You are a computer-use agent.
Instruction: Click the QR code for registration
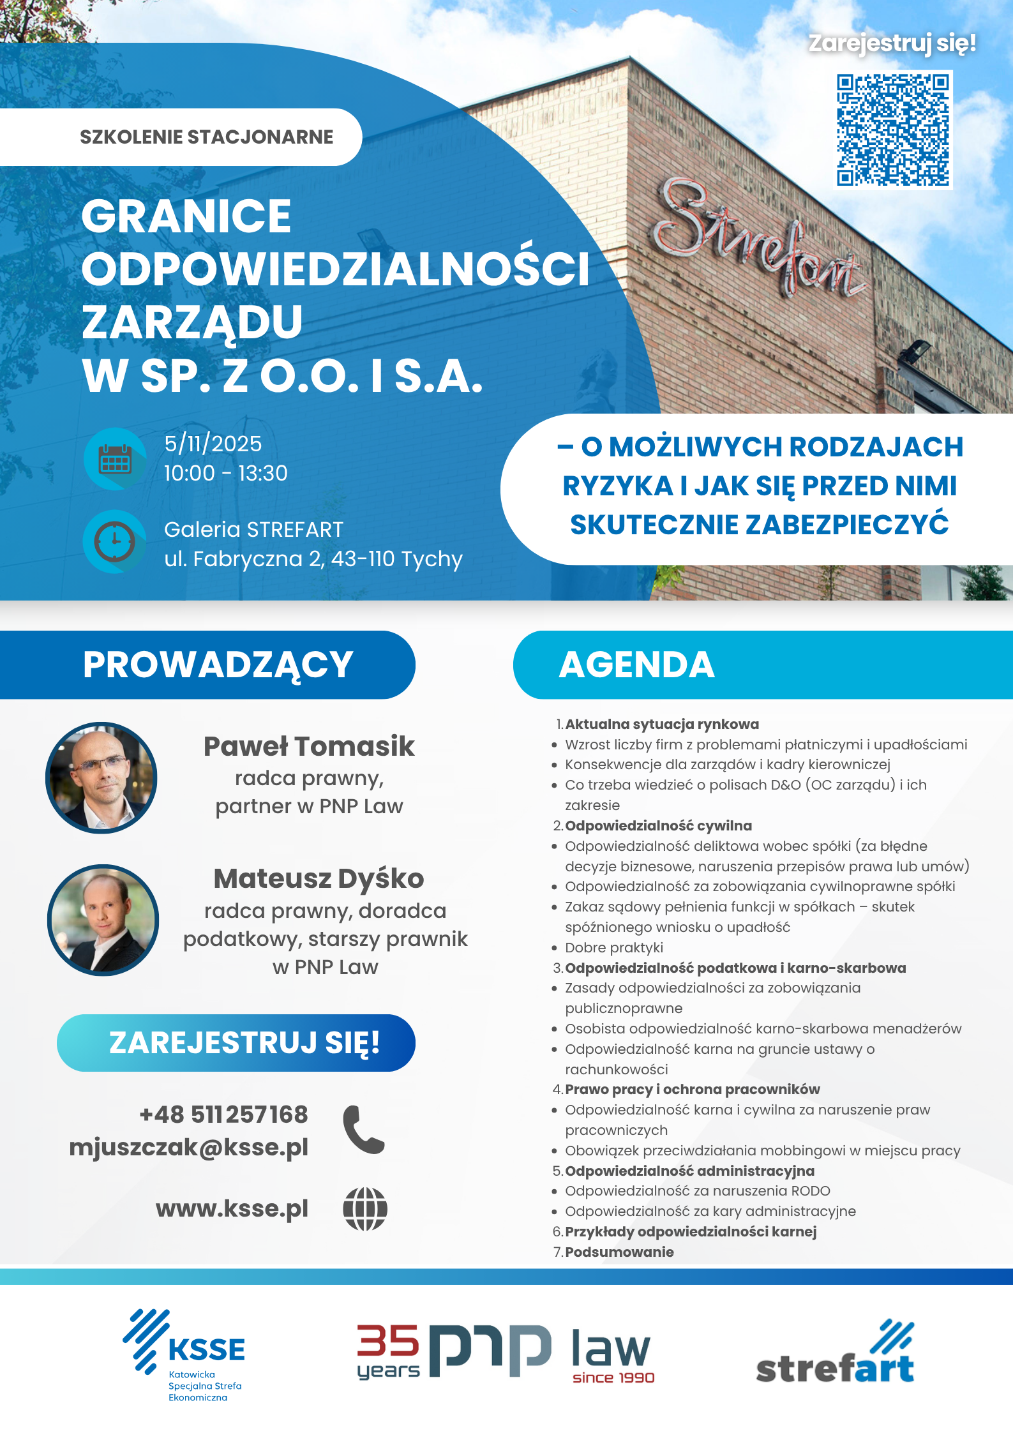893,130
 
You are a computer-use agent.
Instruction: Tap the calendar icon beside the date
115,459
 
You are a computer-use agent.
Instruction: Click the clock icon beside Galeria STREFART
115,542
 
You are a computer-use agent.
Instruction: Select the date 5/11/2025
213,444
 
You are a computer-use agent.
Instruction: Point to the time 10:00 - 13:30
226,473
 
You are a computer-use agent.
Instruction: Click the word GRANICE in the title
186,216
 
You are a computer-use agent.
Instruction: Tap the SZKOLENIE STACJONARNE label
206,137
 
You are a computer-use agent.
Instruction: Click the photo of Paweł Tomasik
101,778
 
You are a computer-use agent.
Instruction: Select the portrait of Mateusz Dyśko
103,920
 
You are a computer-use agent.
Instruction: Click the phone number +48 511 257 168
223,1114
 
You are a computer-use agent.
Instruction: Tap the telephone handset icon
364,1130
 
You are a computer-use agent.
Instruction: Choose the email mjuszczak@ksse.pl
189,1147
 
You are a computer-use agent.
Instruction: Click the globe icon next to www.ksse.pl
365,1208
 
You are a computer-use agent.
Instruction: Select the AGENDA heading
636,664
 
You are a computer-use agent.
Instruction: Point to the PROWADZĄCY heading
218,664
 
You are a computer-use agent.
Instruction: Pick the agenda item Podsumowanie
619,1252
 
